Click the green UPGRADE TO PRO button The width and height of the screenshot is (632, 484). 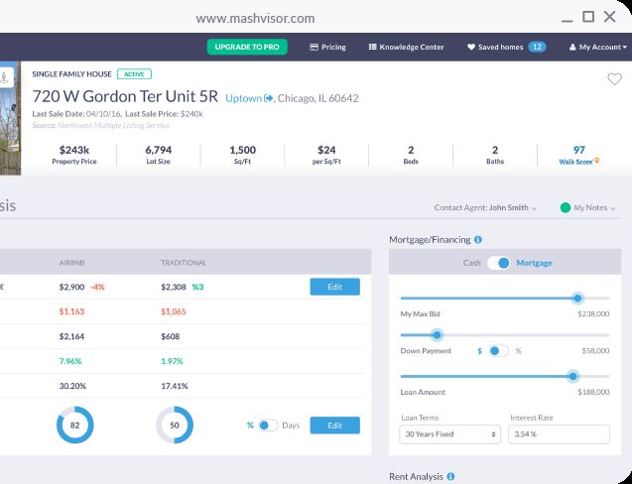pyautogui.click(x=247, y=47)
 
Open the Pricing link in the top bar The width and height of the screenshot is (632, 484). pyautogui.click(x=327, y=47)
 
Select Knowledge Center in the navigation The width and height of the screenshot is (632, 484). pyautogui.click(x=406, y=47)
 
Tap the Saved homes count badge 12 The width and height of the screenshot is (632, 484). pyautogui.click(x=537, y=47)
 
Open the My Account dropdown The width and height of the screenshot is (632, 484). pyautogui.click(x=596, y=47)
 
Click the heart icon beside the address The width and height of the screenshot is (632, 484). pyautogui.click(x=614, y=79)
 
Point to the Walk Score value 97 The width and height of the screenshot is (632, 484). pyautogui.click(x=579, y=151)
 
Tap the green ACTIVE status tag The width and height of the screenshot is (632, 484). pyautogui.click(x=134, y=73)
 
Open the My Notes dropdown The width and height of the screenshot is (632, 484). pyautogui.click(x=588, y=208)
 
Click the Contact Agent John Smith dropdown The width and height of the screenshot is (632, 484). pyautogui.click(x=485, y=208)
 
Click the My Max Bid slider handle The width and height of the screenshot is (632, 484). pyautogui.click(x=577, y=298)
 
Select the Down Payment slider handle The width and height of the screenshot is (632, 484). pyautogui.click(x=436, y=336)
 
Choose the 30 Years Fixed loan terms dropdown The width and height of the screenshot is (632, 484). pyautogui.click(x=450, y=434)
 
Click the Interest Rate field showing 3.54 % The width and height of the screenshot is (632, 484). pyautogui.click(x=559, y=434)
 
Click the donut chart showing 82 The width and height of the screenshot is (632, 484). pyautogui.click(x=74, y=425)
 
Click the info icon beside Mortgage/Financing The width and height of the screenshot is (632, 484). pyautogui.click(x=478, y=239)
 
